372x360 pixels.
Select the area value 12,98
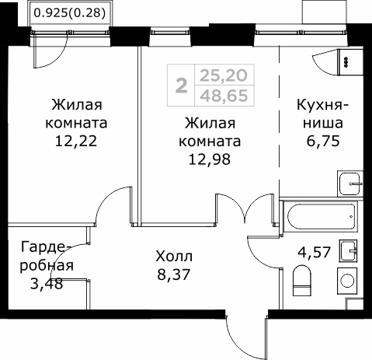coord(210,160)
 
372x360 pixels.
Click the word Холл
coord(172,255)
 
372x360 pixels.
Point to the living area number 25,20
coord(219,75)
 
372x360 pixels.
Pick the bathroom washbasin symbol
coord(351,250)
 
